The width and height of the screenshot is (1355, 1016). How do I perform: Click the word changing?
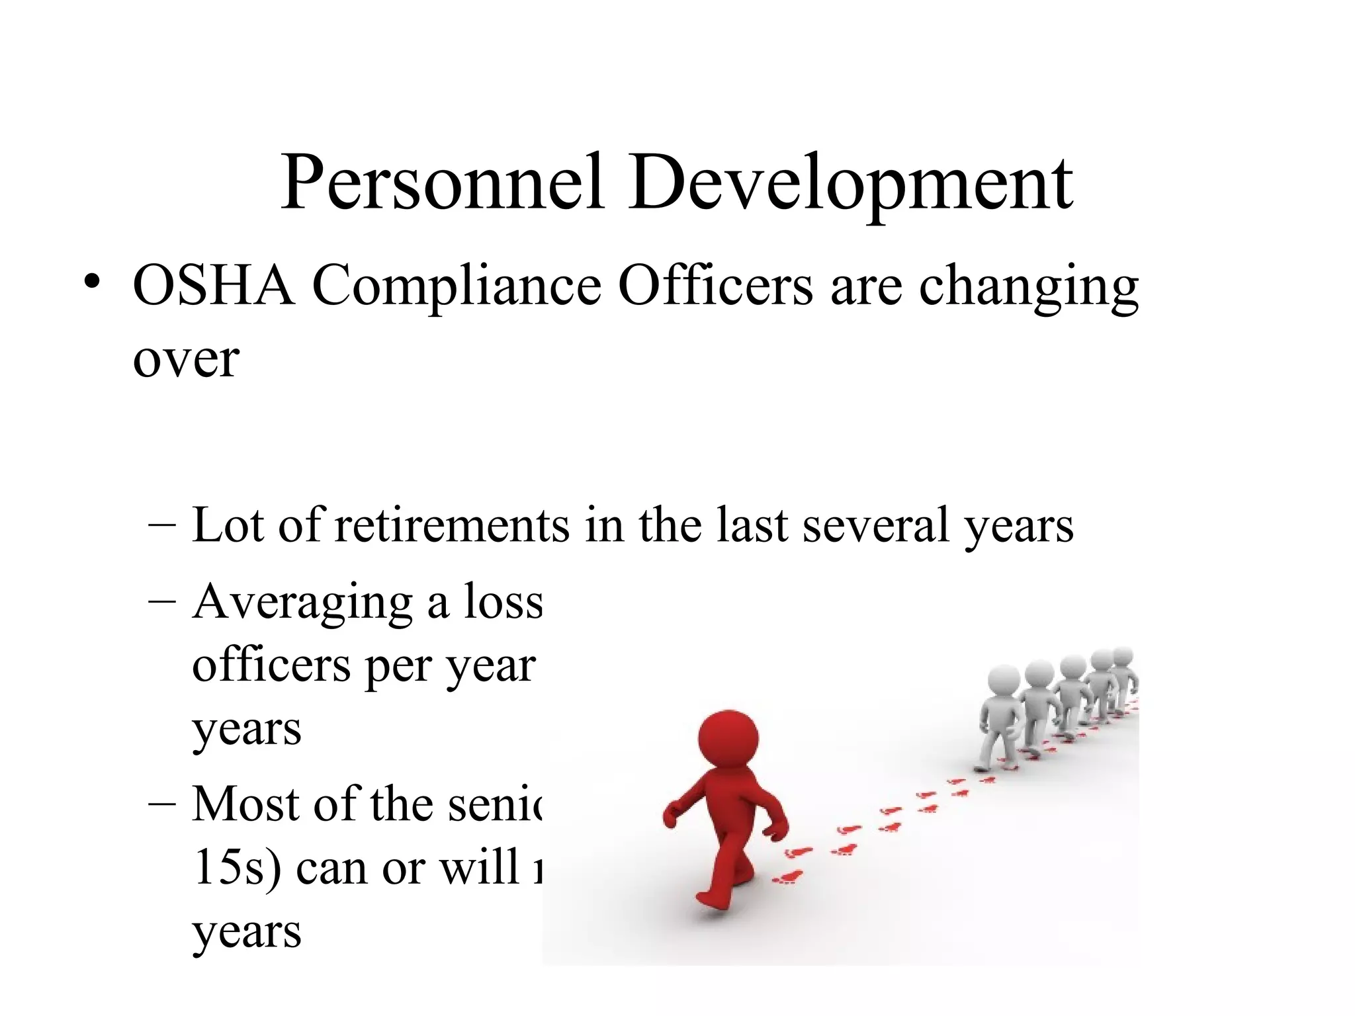[1028, 288]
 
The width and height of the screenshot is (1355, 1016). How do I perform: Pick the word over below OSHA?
[186, 360]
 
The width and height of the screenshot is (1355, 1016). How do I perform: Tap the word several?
[876, 525]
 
